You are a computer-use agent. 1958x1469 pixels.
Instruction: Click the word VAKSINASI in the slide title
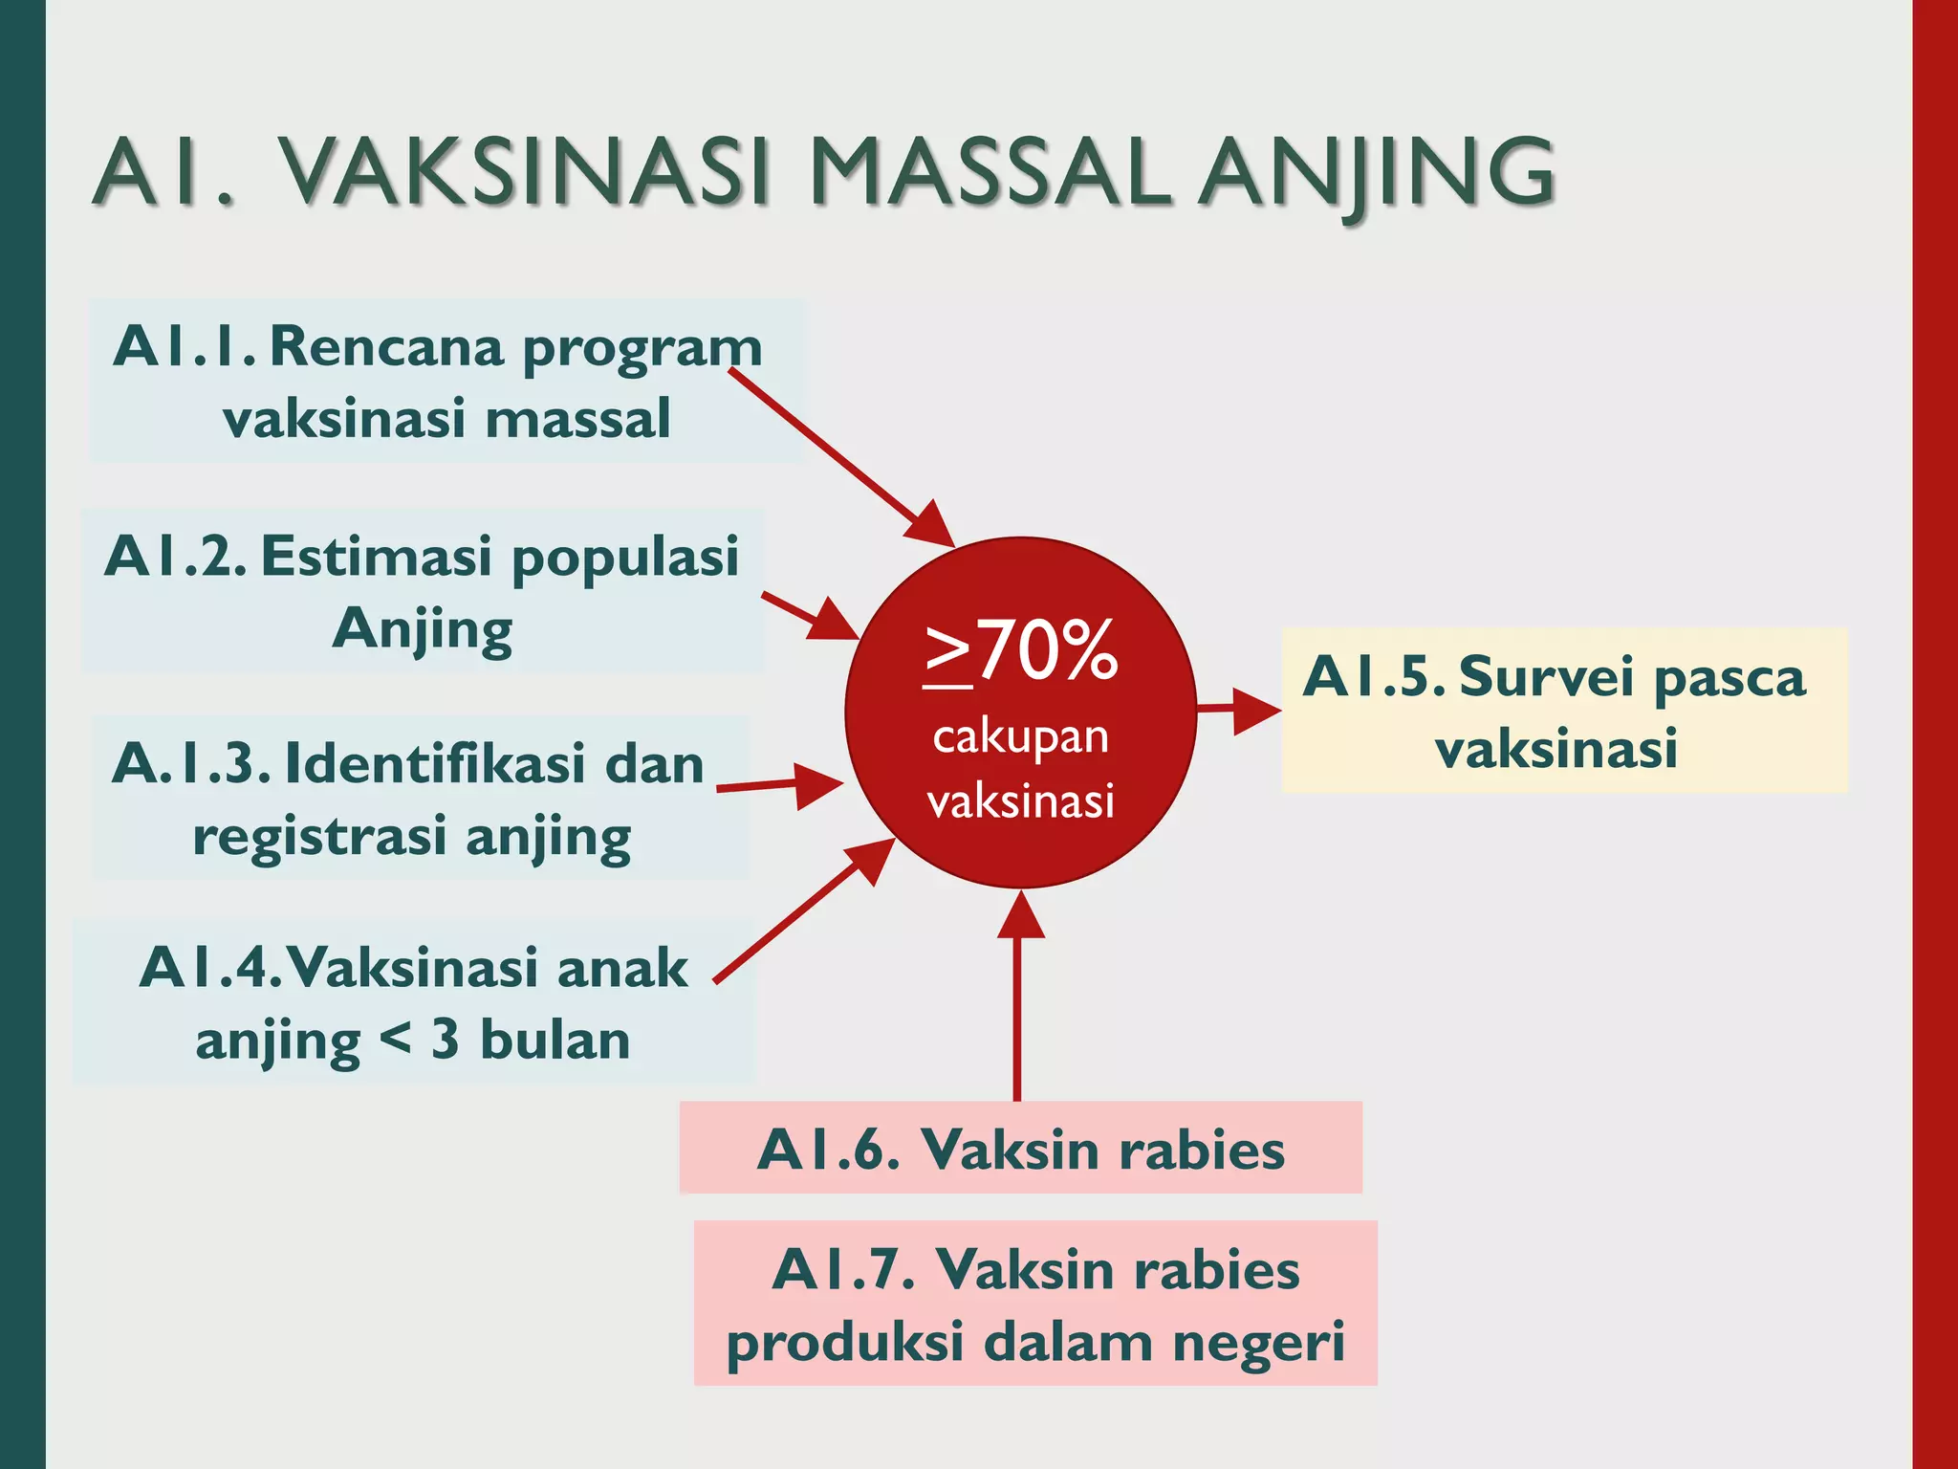pyautogui.click(x=525, y=173)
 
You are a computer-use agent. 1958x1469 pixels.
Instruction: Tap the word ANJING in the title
pyautogui.click(x=1377, y=173)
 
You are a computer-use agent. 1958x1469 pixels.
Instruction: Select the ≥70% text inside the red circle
pyautogui.click(x=1021, y=651)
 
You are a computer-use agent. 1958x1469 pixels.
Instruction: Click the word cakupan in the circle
pyautogui.click(x=1021, y=737)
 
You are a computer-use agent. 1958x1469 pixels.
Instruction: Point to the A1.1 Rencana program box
pyautogui.click(x=447, y=382)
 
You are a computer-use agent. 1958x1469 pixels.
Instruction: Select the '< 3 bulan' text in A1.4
pyautogui.click(x=506, y=1040)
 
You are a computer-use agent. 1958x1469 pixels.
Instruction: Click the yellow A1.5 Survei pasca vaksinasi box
pyautogui.click(x=1564, y=711)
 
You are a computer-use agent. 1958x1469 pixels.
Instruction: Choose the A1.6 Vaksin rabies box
pyautogui.click(x=1020, y=1149)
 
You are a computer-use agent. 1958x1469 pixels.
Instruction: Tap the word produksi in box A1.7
pyautogui.click(x=845, y=1342)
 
